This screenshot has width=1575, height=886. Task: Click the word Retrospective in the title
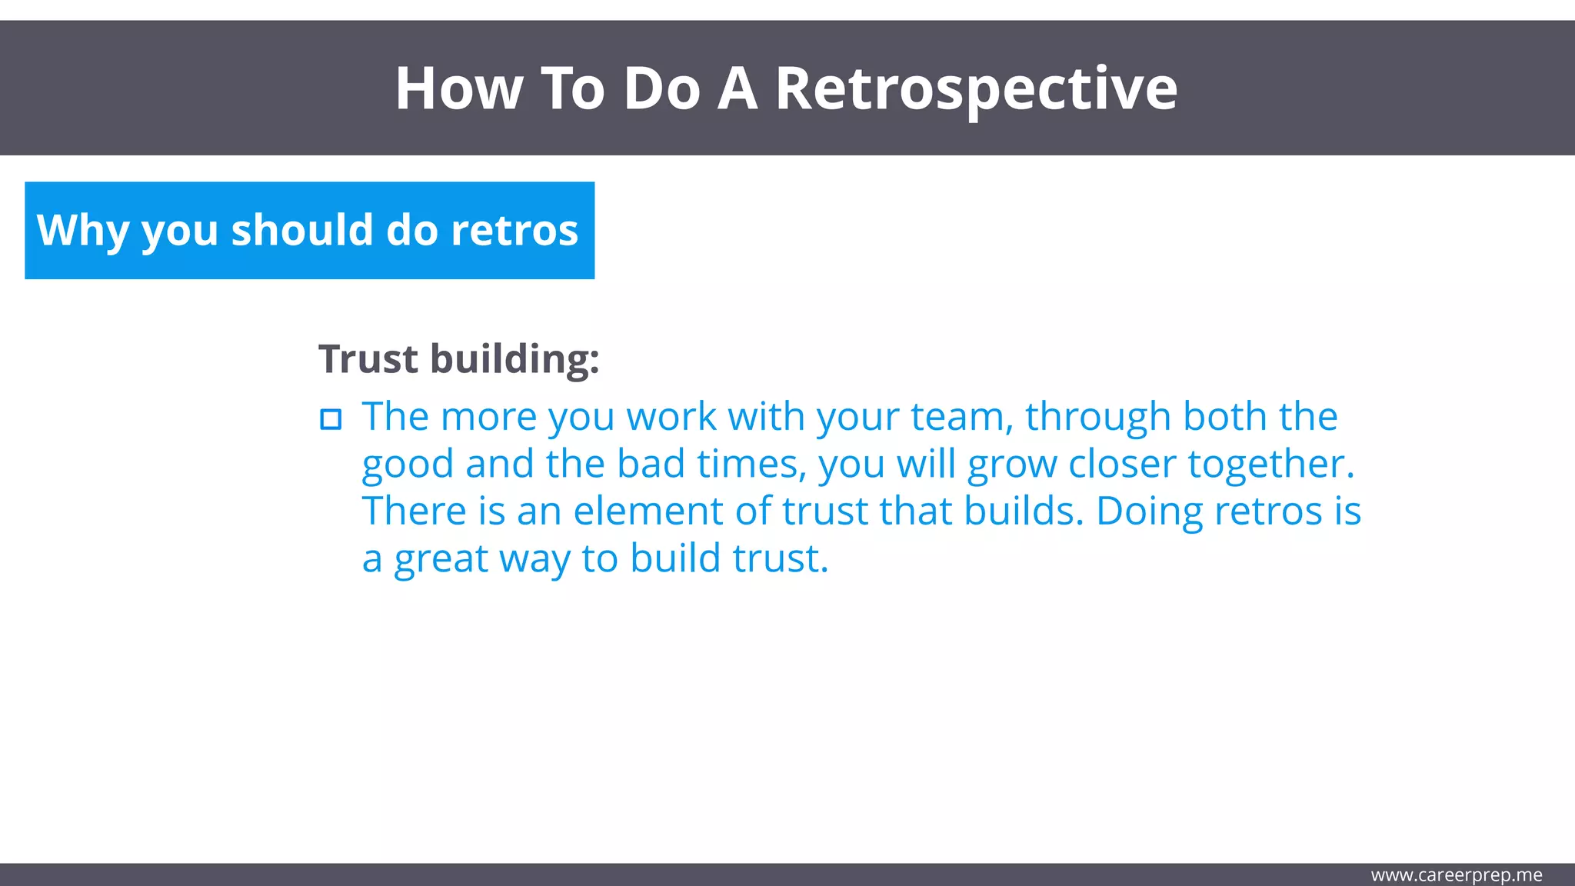[x=975, y=89]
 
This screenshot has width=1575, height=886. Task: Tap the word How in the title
[x=458, y=89]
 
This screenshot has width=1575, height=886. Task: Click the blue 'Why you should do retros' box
[x=309, y=231]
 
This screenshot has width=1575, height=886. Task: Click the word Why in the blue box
[x=82, y=231]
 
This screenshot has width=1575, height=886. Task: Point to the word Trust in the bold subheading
[x=368, y=359]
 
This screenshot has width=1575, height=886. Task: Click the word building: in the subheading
[x=514, y=359]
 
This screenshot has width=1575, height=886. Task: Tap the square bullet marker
[x=331, y=420]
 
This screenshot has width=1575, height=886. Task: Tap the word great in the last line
[x=441, y=560]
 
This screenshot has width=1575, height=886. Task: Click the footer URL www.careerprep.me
[x=1456, y=875]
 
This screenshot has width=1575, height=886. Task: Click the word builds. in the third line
[x=1024, y=511]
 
